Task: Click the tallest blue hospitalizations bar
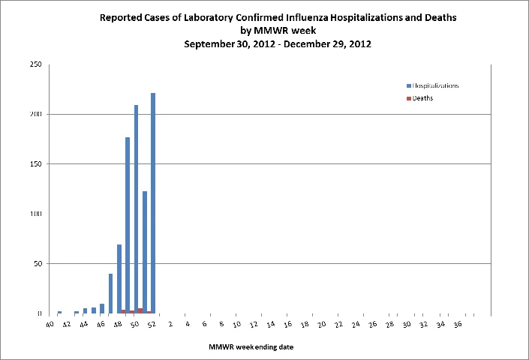tap(153, 203)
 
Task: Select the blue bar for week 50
tap(137, 209)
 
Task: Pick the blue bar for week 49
tap(128, 225)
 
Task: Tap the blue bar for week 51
tap(145, 252)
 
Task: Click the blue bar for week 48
tap(119, 279)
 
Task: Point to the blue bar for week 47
tap(110, 293)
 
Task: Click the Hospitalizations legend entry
tap(432, 85)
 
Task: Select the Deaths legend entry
tap(419, 98)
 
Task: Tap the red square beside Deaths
tap(409, 98)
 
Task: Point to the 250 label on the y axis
tap(36, 64)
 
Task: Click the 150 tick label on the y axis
tap(36, 163)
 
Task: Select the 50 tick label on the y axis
tap(38, 263)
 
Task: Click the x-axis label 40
tap(50, 324)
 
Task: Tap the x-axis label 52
tap(152, 324)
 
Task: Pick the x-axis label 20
tap(321, 324)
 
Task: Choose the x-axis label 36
tap(458, 324)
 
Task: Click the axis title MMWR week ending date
tap(251, 346)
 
